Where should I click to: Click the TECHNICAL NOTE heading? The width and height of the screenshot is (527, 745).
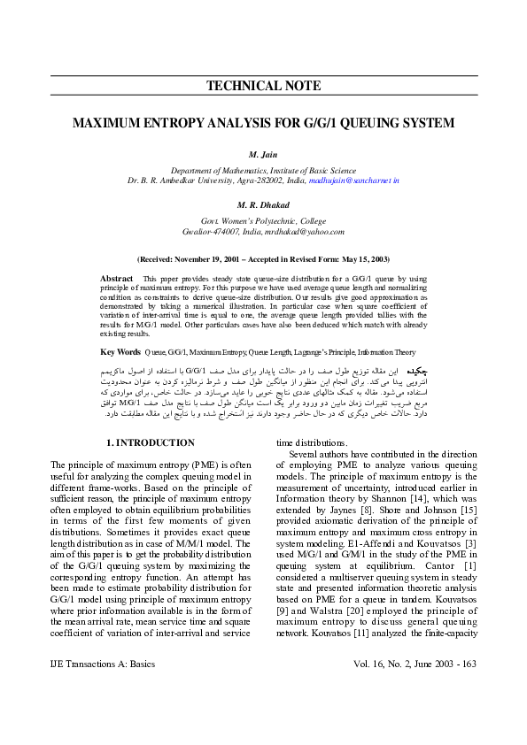(x=263, y=86)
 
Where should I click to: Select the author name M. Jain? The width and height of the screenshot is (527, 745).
(x=263, y=154)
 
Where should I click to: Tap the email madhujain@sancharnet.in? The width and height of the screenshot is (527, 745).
(x=354, y=180)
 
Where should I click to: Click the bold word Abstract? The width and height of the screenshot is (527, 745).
(x=117, y=278)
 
